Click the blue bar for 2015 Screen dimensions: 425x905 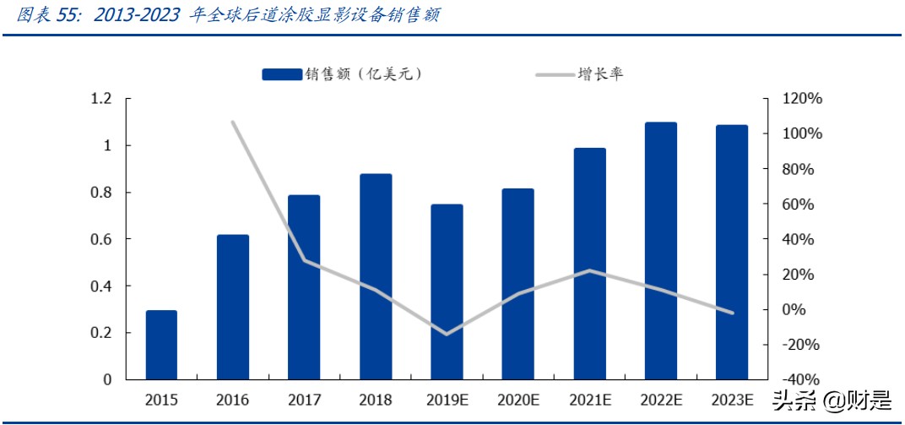pyautogui.click(x=161, y=345)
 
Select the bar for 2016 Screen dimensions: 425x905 pyautogui.click(x=233, y=307)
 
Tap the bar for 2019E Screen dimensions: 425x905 pyautogui.click(x=447, y=292)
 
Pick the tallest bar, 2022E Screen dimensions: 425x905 pyautogui.click(x=661, y=251)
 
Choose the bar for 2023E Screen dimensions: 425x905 pyautogui.click(x=732, y=252)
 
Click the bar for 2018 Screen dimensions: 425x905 pyautogui.click(x=376, y=276)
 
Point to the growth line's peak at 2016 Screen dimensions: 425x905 pyautogui.click(x=233, y=123)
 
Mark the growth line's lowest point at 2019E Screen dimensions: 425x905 pyautogui.click(x=447, y=334)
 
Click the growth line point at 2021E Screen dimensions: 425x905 pyautogui.click(x=589, y=270)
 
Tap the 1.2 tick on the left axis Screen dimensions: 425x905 pyautogui.click(x=101, y=99)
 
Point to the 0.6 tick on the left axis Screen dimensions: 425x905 pyautogui.click(x=101, y=239)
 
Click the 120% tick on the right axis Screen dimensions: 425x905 pyautogui.click(x=801, y=99)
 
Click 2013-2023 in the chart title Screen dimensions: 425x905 pyautogui.click(x=131, y=16)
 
